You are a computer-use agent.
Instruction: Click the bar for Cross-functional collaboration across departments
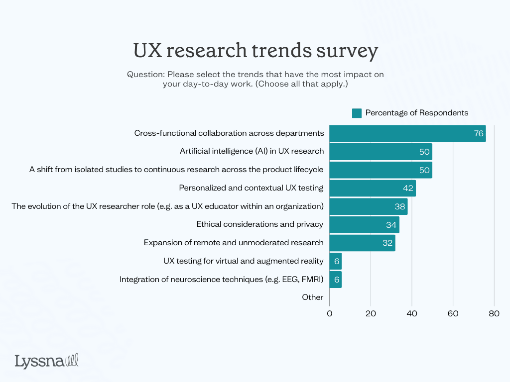407,133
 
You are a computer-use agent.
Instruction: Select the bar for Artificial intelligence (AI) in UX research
381,151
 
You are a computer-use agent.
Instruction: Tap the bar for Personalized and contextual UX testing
373,188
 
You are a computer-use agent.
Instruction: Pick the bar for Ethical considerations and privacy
364,225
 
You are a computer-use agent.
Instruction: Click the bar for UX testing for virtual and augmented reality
335,261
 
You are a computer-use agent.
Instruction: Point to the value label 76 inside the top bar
479,133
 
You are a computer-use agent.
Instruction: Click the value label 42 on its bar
408,188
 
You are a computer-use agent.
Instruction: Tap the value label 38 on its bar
400,206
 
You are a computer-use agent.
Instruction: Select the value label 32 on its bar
388,243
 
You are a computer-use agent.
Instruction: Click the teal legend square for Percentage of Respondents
357,113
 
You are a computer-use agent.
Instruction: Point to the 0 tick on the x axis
330,314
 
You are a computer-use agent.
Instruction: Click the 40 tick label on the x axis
412,314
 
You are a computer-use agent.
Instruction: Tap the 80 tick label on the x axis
494,314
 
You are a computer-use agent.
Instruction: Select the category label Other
313,297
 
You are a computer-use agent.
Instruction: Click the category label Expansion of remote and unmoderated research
234,243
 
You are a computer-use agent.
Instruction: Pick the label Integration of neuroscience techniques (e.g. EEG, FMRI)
222,280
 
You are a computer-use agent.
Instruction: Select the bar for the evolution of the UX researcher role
369,206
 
